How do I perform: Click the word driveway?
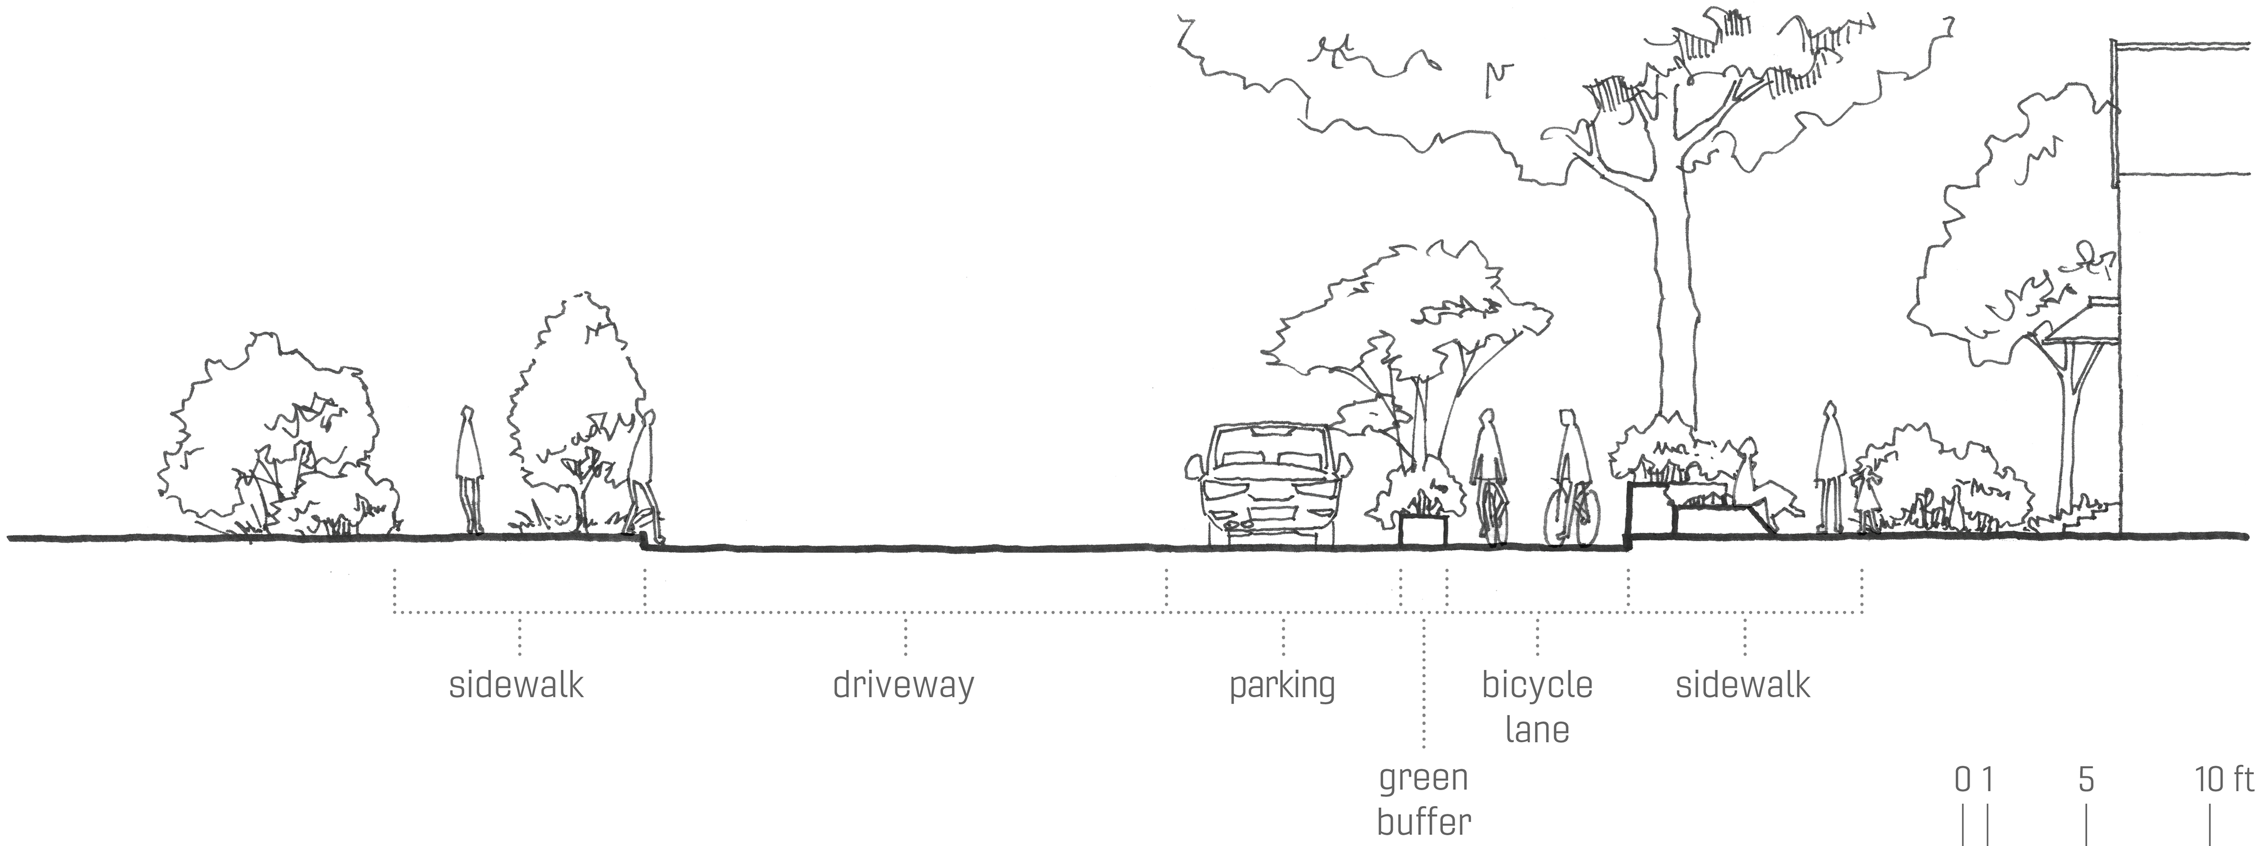pos(903,685)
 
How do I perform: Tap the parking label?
pos(1283,686)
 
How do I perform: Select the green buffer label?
pos(1423,800)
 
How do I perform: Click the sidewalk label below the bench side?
pos(1743,685)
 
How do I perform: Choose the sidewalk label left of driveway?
pos(517,685)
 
